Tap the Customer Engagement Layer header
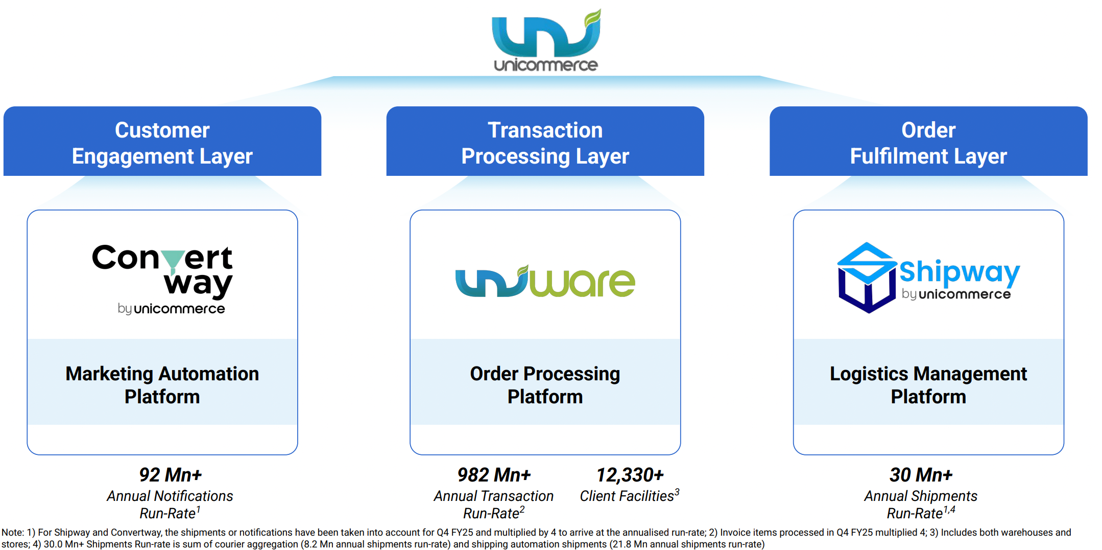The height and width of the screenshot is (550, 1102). click(x=162, y=143)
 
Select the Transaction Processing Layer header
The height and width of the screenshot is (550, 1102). click(x=545, y=143)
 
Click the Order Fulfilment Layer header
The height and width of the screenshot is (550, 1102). click(x=928, y=143)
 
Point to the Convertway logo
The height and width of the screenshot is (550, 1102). click(x=162, y=278)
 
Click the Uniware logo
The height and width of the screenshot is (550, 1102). click(x=545, y=282)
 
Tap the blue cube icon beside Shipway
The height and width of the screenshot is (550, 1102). click(x=867, y=278)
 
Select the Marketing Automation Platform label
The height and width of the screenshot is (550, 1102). click(x=162, y=385)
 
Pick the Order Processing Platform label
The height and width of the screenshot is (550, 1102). click(x=545, y=385)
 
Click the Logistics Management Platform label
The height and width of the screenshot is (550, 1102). click(x=928, y=385)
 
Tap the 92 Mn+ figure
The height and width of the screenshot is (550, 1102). click(x=171, y=475)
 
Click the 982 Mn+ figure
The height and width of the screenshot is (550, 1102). click(x=494, y=475)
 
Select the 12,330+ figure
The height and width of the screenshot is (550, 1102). click(x=630, y=475)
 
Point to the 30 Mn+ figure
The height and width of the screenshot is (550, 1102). click(x=921, y=475)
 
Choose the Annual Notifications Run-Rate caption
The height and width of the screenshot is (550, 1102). click(x=170, y=504)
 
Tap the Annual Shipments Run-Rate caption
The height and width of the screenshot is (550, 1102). click(x=921, y=504)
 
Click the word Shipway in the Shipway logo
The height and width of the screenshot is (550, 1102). click(x=959, y=272)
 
